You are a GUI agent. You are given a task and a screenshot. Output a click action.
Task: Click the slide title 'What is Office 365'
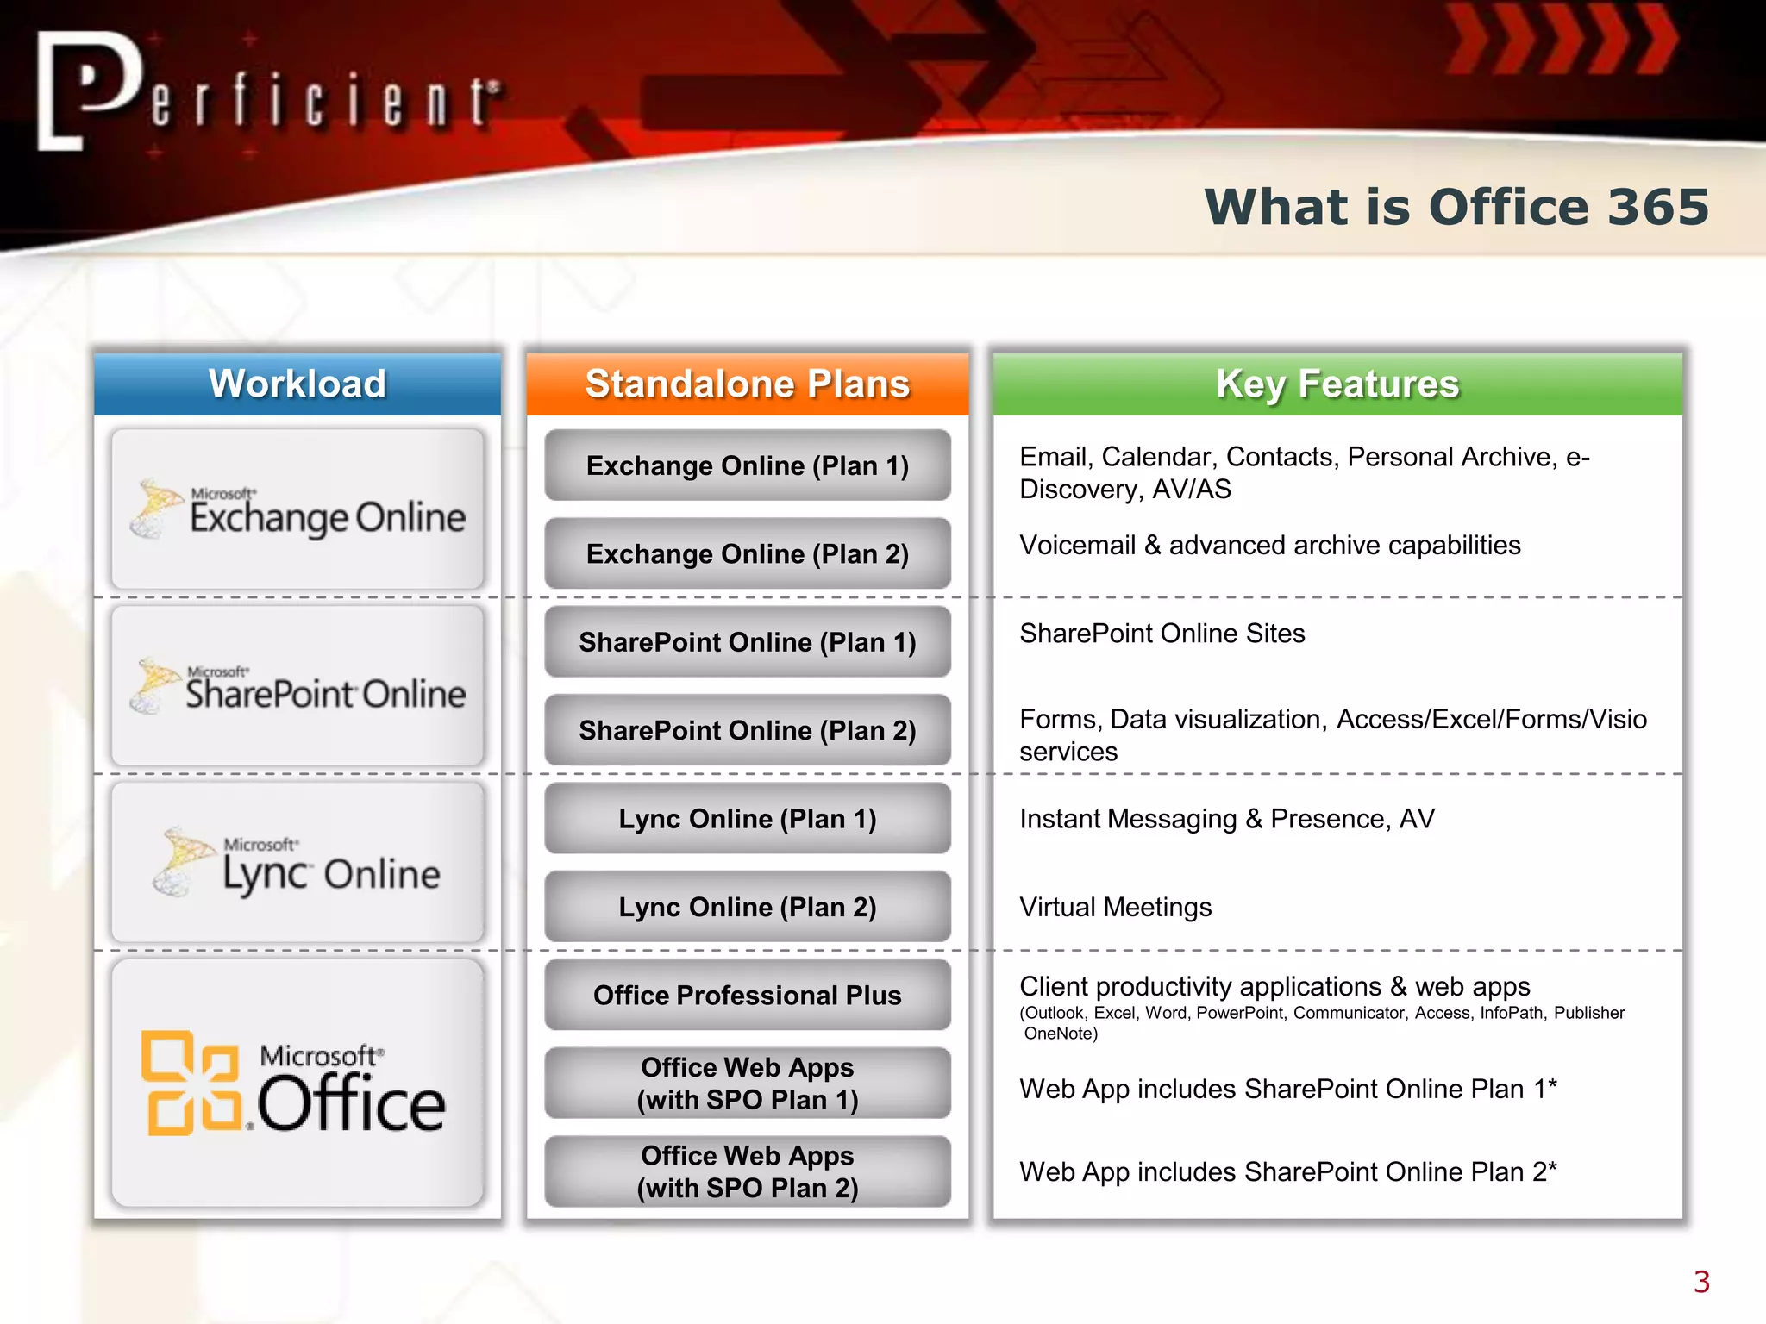pyautogui.click(x=1456, y=208)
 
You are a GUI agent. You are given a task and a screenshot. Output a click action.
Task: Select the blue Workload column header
pyautogui.click(x=297, y=384)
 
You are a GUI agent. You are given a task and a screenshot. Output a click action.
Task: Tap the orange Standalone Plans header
pyautogui.click(x=748, y=384)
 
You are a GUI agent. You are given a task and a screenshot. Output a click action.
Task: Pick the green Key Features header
pyautogui.click(x=1337, y=384)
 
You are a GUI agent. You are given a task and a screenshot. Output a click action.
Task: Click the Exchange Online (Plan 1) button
pyautogui.click(x=748, y=465)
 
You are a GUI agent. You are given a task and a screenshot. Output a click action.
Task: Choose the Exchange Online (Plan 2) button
pyautogui.click(x=748, y=553)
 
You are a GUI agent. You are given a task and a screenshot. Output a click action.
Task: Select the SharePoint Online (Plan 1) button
pyautogui.click(x=748, y=642)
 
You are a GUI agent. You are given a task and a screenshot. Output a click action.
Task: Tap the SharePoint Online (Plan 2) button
pyautogui.click(x=748, y=730)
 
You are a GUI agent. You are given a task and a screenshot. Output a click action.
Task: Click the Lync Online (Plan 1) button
pyautogui.click(x=748, y=819)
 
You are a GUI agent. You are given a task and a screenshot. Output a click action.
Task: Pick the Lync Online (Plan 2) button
pyautogui.click(x=748, y=907)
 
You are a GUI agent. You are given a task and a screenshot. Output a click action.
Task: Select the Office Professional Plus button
pyautogui.click(x=748, y=995)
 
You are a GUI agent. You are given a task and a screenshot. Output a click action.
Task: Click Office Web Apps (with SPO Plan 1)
pyautogui.click(x=748, y=1084)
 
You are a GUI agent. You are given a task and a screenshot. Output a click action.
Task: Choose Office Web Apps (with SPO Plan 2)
pyautogui.click(x=748, y=1171)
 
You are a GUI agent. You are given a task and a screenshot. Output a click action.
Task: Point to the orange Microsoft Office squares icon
pyautogui.click(x=191, y=1083)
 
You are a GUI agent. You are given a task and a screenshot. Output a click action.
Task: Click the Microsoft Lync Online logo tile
pyautogui.click(x=297, y=862)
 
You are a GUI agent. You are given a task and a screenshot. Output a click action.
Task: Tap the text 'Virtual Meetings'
pyautogui.click(x=1115, y=907)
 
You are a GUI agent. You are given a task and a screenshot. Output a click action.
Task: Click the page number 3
pyautogui.click(x=1700, y=1282)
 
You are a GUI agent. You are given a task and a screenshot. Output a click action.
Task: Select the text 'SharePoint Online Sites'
pyautogui.click(x=1162, y=634)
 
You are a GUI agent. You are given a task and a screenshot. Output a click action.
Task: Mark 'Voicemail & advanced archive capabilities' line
pyautogui.click(x=1269, y=546)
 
